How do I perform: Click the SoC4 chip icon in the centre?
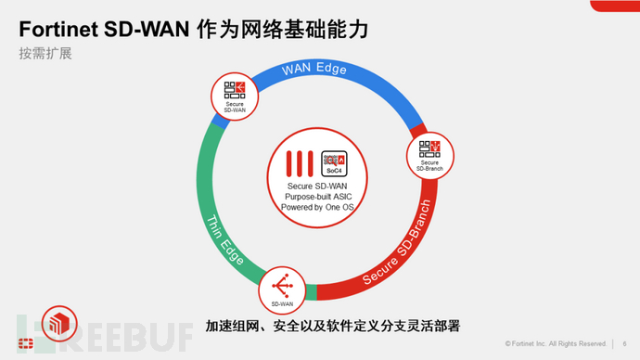pos(333,163)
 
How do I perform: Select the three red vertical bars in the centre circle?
pos(301,163)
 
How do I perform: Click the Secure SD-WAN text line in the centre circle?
pos(317,186)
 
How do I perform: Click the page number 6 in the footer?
pos(622,341)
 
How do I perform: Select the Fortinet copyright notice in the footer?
pos(555,341)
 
